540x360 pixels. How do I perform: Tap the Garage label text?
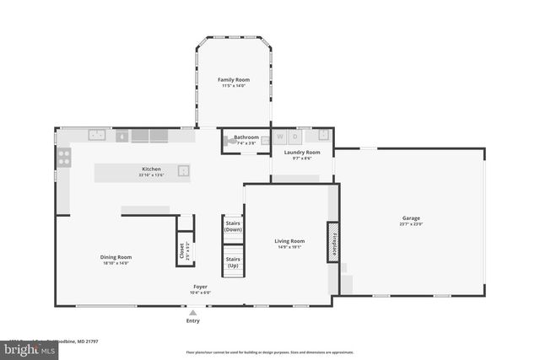pyautogui.click(x=411, y=218)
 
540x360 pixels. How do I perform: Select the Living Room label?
pyautogui.click(x=289, y=241)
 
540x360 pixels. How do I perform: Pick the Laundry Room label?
pyautogui.click(x=301, y=153)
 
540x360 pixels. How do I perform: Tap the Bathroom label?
pyautogui.click(x=246, y=137)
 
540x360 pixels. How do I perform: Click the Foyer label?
pyautogui.click(x=200, y=287)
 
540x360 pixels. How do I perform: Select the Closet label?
pyautogui.click(x=181, y=251)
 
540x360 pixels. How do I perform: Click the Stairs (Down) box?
pyautogui.click(x=233, y=226)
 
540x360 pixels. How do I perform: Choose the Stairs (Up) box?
pyautogui.click(x=233, y=262)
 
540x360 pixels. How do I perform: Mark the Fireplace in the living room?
pyautogui.click(x=333, y=242)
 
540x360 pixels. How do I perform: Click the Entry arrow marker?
pyautogui.click(x=193, y=313)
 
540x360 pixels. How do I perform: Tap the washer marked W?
pyautogui.click(x=280, y=137)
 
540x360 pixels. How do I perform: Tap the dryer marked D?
pyautogui.click(x=295, y=137)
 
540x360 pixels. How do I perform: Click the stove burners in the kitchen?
pyautogui.click(x=63, y=157)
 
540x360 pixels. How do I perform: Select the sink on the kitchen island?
pyautogui.click(x=182, y=171)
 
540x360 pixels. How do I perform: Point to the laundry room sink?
pyautogui.click(x=322, y=135)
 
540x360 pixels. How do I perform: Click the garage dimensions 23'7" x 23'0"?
pyautogui.click(x=411, y=224)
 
